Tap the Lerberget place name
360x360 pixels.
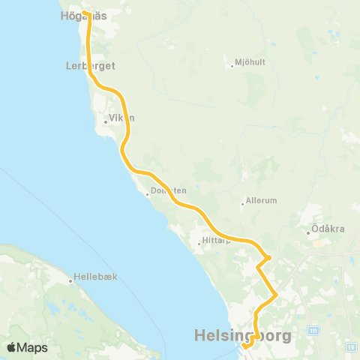coord(90,66)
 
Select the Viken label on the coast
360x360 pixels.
coord(121,118)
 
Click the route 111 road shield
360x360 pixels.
coord(313,331)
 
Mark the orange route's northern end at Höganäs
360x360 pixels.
coord(85,13)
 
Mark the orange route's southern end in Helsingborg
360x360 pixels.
coord(245,346)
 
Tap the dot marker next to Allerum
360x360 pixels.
coord(243,203)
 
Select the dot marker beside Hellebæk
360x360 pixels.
coord(70,281)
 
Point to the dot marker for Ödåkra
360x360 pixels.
coord(307,232)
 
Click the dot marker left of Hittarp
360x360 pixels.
coord(199,243)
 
